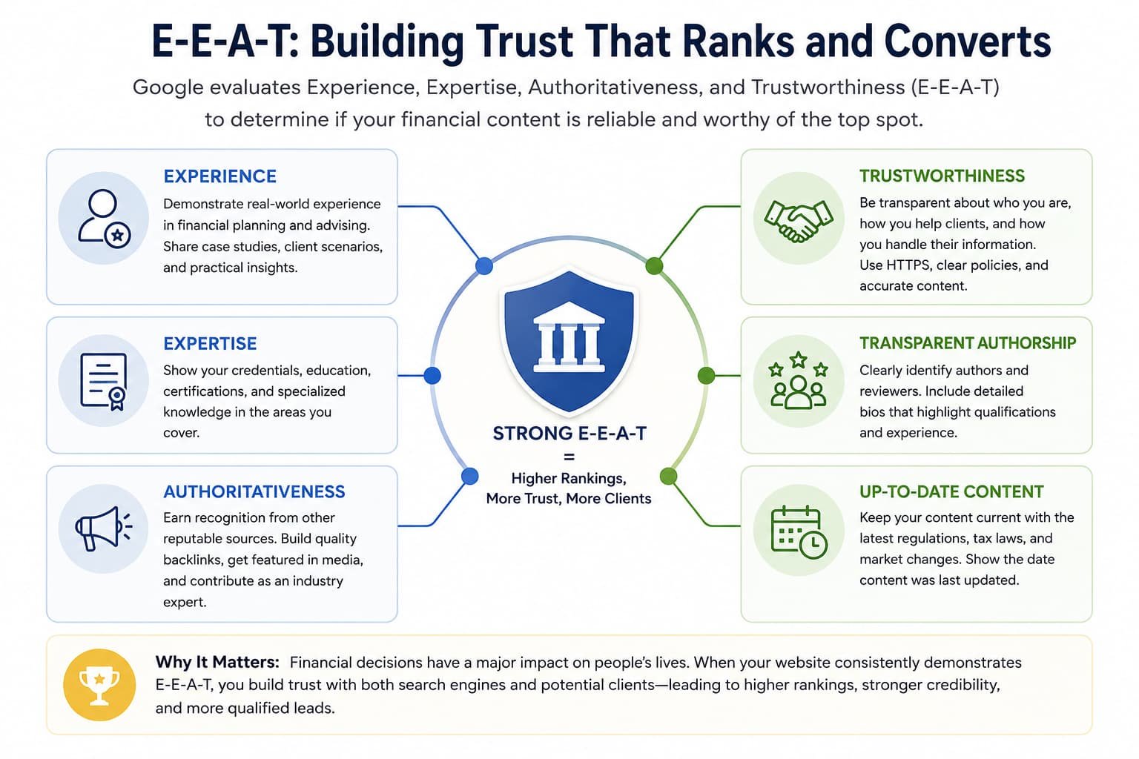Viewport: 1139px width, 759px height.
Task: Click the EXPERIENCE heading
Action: tap(219, 176)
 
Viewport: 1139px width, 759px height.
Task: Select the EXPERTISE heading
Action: tap(210, 344)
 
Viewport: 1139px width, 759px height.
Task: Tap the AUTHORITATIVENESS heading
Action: tap(254, 491)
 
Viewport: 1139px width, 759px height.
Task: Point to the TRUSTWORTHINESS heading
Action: tap(942, 176)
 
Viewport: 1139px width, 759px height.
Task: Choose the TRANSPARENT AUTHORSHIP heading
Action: tap(968, 343)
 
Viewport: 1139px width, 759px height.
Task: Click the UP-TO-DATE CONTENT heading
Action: tap(951, 491)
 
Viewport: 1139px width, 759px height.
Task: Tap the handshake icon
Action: tap(799, 221)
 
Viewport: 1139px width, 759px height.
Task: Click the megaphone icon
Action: tap(104, 528)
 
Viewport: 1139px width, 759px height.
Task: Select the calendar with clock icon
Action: tap(799, 532)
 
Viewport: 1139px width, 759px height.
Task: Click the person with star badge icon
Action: tap(105, 219)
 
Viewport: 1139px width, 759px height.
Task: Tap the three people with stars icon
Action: tap(799, 381)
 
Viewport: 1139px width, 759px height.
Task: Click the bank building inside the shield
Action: tap(569, 337)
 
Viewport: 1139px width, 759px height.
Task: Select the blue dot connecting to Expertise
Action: tap(432, 376)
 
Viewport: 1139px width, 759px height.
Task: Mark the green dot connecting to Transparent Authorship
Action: tap(706, 376)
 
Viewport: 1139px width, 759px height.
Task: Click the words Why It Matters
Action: tap(217, 662)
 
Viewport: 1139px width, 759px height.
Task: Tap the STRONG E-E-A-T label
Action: tap(569, 434)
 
